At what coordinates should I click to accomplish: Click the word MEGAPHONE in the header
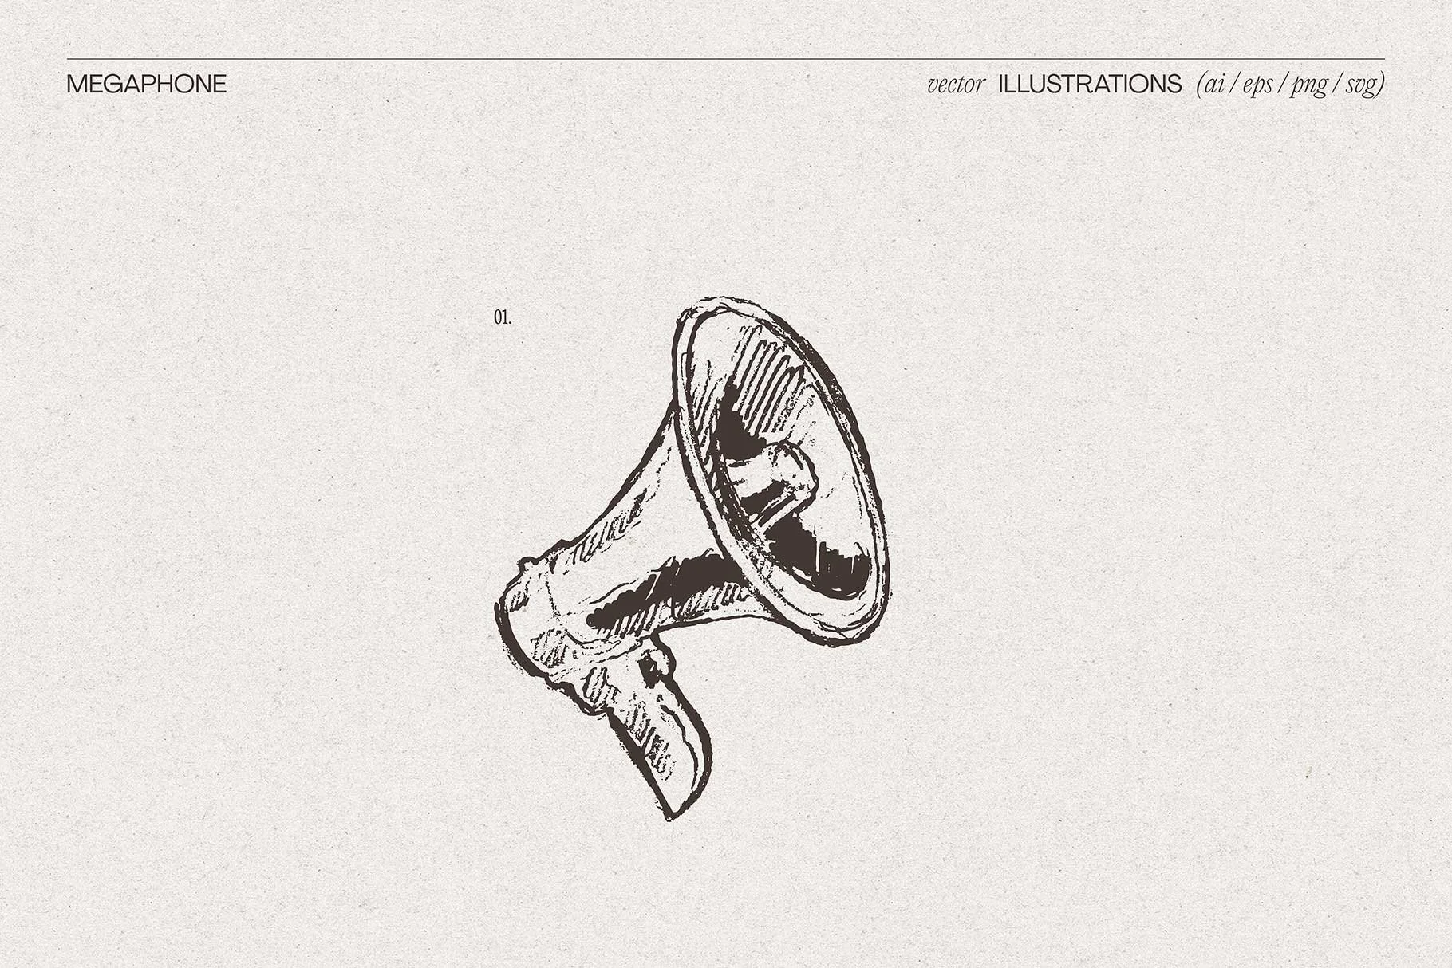[147, 85]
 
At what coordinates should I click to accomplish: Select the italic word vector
[956, 85]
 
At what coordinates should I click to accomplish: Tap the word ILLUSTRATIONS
[1090, 85]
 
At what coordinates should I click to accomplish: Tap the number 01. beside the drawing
[503, 317]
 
